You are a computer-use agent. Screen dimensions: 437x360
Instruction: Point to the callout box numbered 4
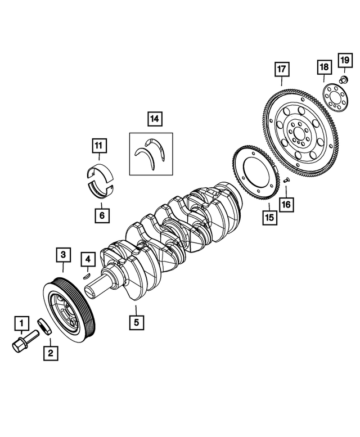click(87, 259)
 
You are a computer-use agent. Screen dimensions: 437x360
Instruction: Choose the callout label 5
click(136, 323)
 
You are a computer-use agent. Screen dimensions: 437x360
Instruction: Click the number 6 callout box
click(102, 215)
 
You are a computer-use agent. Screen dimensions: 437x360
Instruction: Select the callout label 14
click(154, 119)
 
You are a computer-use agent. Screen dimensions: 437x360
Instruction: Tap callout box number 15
click(269, 217)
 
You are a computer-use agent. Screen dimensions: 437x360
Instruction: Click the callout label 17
click(281, 70)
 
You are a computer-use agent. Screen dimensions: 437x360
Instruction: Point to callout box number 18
click(324, 67)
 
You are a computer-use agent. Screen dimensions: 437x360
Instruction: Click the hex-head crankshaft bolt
click(23, 342)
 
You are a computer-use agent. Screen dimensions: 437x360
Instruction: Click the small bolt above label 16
click(285, 181)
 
